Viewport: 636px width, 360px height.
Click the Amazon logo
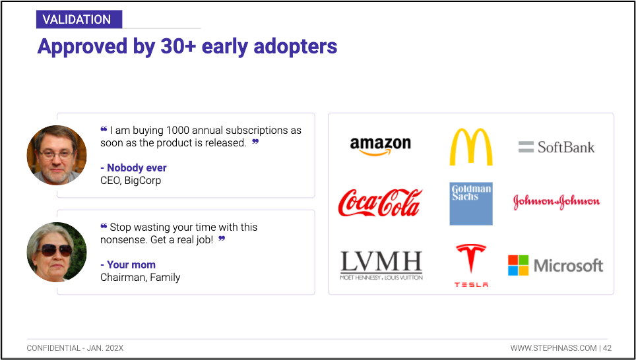coord(381,146)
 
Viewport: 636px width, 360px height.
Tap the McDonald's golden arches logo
coord(471,147)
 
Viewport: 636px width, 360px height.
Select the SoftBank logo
coord(556,147)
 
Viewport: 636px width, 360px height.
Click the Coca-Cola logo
coord(380,202)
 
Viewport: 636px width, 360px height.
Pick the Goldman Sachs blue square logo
coord(471,204)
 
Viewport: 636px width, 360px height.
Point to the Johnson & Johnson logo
coord(557,202)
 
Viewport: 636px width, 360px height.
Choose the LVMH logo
coord(381,266)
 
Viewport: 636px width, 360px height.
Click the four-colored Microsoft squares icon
coord(519,266)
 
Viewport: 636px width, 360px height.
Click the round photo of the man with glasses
coord(57,155)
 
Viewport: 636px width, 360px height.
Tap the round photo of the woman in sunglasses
coord(57,252)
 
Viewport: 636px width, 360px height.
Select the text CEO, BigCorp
coord(131,181)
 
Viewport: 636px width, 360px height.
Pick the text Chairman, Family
coord(141,278)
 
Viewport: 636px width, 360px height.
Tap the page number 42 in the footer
coord(607,348)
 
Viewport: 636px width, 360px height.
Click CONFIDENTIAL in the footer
coord(53,348)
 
